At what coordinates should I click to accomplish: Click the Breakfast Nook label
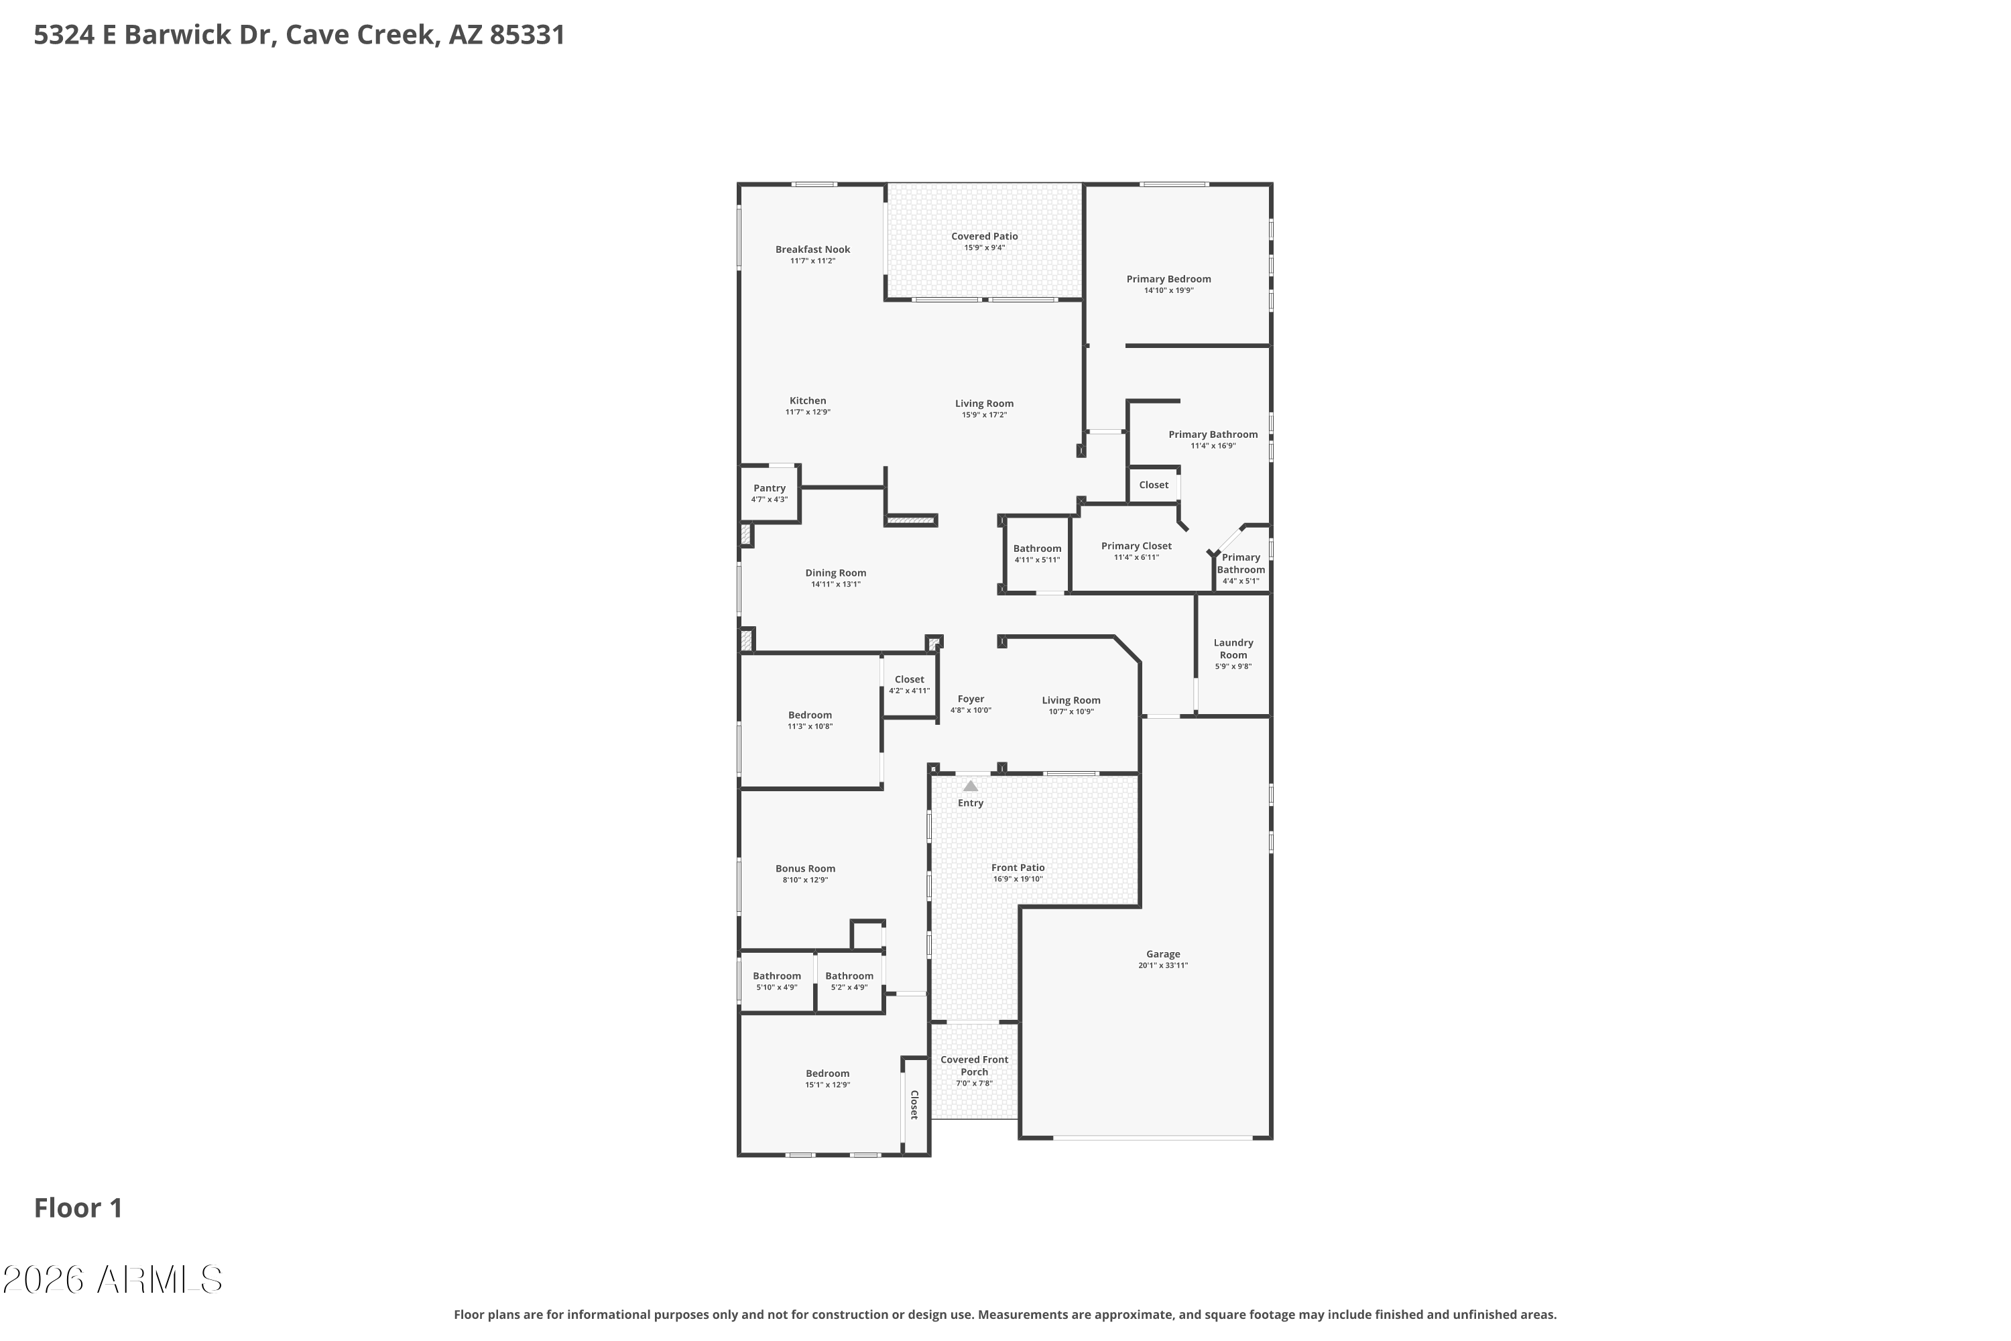point(812,249)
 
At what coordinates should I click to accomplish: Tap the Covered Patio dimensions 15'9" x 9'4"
point(984,248)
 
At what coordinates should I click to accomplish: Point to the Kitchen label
point(807,400)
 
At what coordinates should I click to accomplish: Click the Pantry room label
point(770,488)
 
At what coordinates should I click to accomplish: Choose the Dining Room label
point(835,573)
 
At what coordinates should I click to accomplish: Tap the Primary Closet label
point(1136,546)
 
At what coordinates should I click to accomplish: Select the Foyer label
point(971,699)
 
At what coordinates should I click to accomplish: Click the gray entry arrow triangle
point(971,785)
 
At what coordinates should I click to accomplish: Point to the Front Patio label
point(1018,867)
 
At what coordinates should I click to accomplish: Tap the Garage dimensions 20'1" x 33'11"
point(1163,966)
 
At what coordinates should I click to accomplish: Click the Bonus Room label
point(806,868)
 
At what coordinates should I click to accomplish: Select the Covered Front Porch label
point(974,1065)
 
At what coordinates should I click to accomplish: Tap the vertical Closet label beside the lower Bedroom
point(914,1104)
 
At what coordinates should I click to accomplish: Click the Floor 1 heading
point(78,1208)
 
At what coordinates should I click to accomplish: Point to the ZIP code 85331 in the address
point(528,35)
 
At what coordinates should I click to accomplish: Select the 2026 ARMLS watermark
point(112,1280)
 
